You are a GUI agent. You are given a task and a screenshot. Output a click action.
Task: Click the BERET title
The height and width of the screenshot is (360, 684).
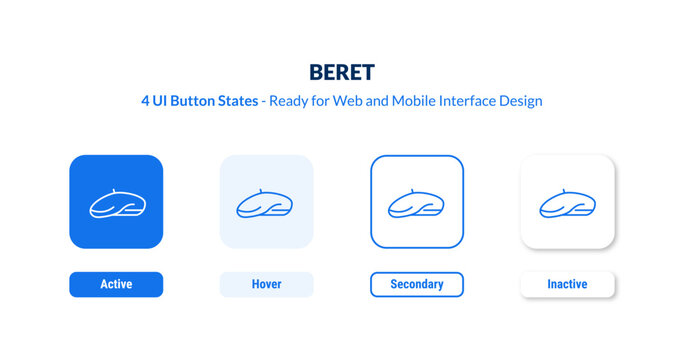click(x=341, y=73)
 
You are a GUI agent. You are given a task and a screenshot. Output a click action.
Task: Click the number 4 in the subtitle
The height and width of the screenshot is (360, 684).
click(x=146, y=101)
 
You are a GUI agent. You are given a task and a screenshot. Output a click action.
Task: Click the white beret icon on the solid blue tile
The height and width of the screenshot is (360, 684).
click(x=116, y=204)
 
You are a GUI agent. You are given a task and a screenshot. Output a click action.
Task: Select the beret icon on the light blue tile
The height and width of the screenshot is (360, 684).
click(x=266, y=204)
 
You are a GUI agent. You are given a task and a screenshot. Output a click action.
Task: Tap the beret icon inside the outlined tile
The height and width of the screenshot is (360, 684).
click(x=417, y=204)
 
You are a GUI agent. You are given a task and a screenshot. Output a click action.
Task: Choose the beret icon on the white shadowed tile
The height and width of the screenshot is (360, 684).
click(x=568, y=204)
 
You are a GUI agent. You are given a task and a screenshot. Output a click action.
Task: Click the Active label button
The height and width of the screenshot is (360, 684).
click(x=116, y=285)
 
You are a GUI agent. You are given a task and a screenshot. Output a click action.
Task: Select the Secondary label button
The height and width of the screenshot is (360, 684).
click(x=417, y=285)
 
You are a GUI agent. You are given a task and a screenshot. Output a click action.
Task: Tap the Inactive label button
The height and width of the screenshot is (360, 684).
click(x=568, y=285)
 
